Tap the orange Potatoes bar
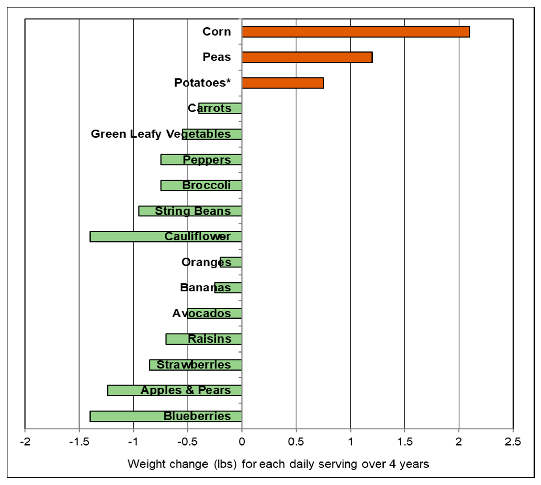pos(283,83)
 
